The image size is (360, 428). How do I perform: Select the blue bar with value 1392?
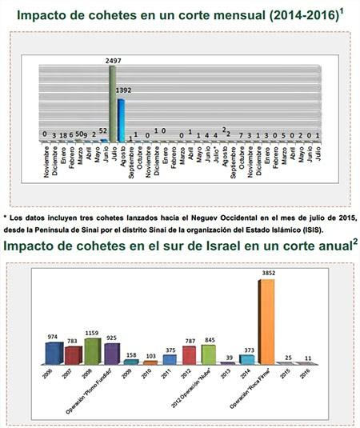point(122,119)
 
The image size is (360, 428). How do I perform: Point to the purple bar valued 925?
point(111,354)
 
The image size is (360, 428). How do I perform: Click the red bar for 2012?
point(189,355)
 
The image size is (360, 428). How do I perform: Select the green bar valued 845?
point(208,354)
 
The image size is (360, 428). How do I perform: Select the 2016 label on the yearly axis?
point(306,373)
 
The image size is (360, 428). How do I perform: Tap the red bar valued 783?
point(74,355)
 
